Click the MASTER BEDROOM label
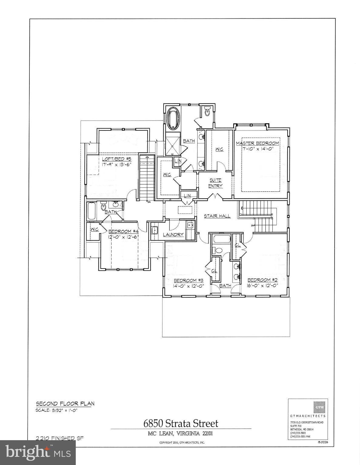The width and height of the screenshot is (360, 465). click(257, 143)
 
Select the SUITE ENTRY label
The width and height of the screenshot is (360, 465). click(215, 183)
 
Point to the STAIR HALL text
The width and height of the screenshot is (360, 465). click(217, 216)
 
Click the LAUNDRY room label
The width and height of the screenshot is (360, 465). click(173, 235)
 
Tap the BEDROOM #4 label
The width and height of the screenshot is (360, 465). click(123, 232)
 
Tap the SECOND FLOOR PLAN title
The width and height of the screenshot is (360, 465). click(65, 404)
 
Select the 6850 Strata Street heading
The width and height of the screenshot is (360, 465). click(181, 423)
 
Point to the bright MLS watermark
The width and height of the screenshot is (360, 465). click(38, 452)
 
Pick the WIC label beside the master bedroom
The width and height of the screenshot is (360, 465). click(219, 149)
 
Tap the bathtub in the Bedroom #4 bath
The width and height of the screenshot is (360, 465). click(92, 211)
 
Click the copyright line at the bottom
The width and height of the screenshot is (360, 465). click(182, 443)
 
